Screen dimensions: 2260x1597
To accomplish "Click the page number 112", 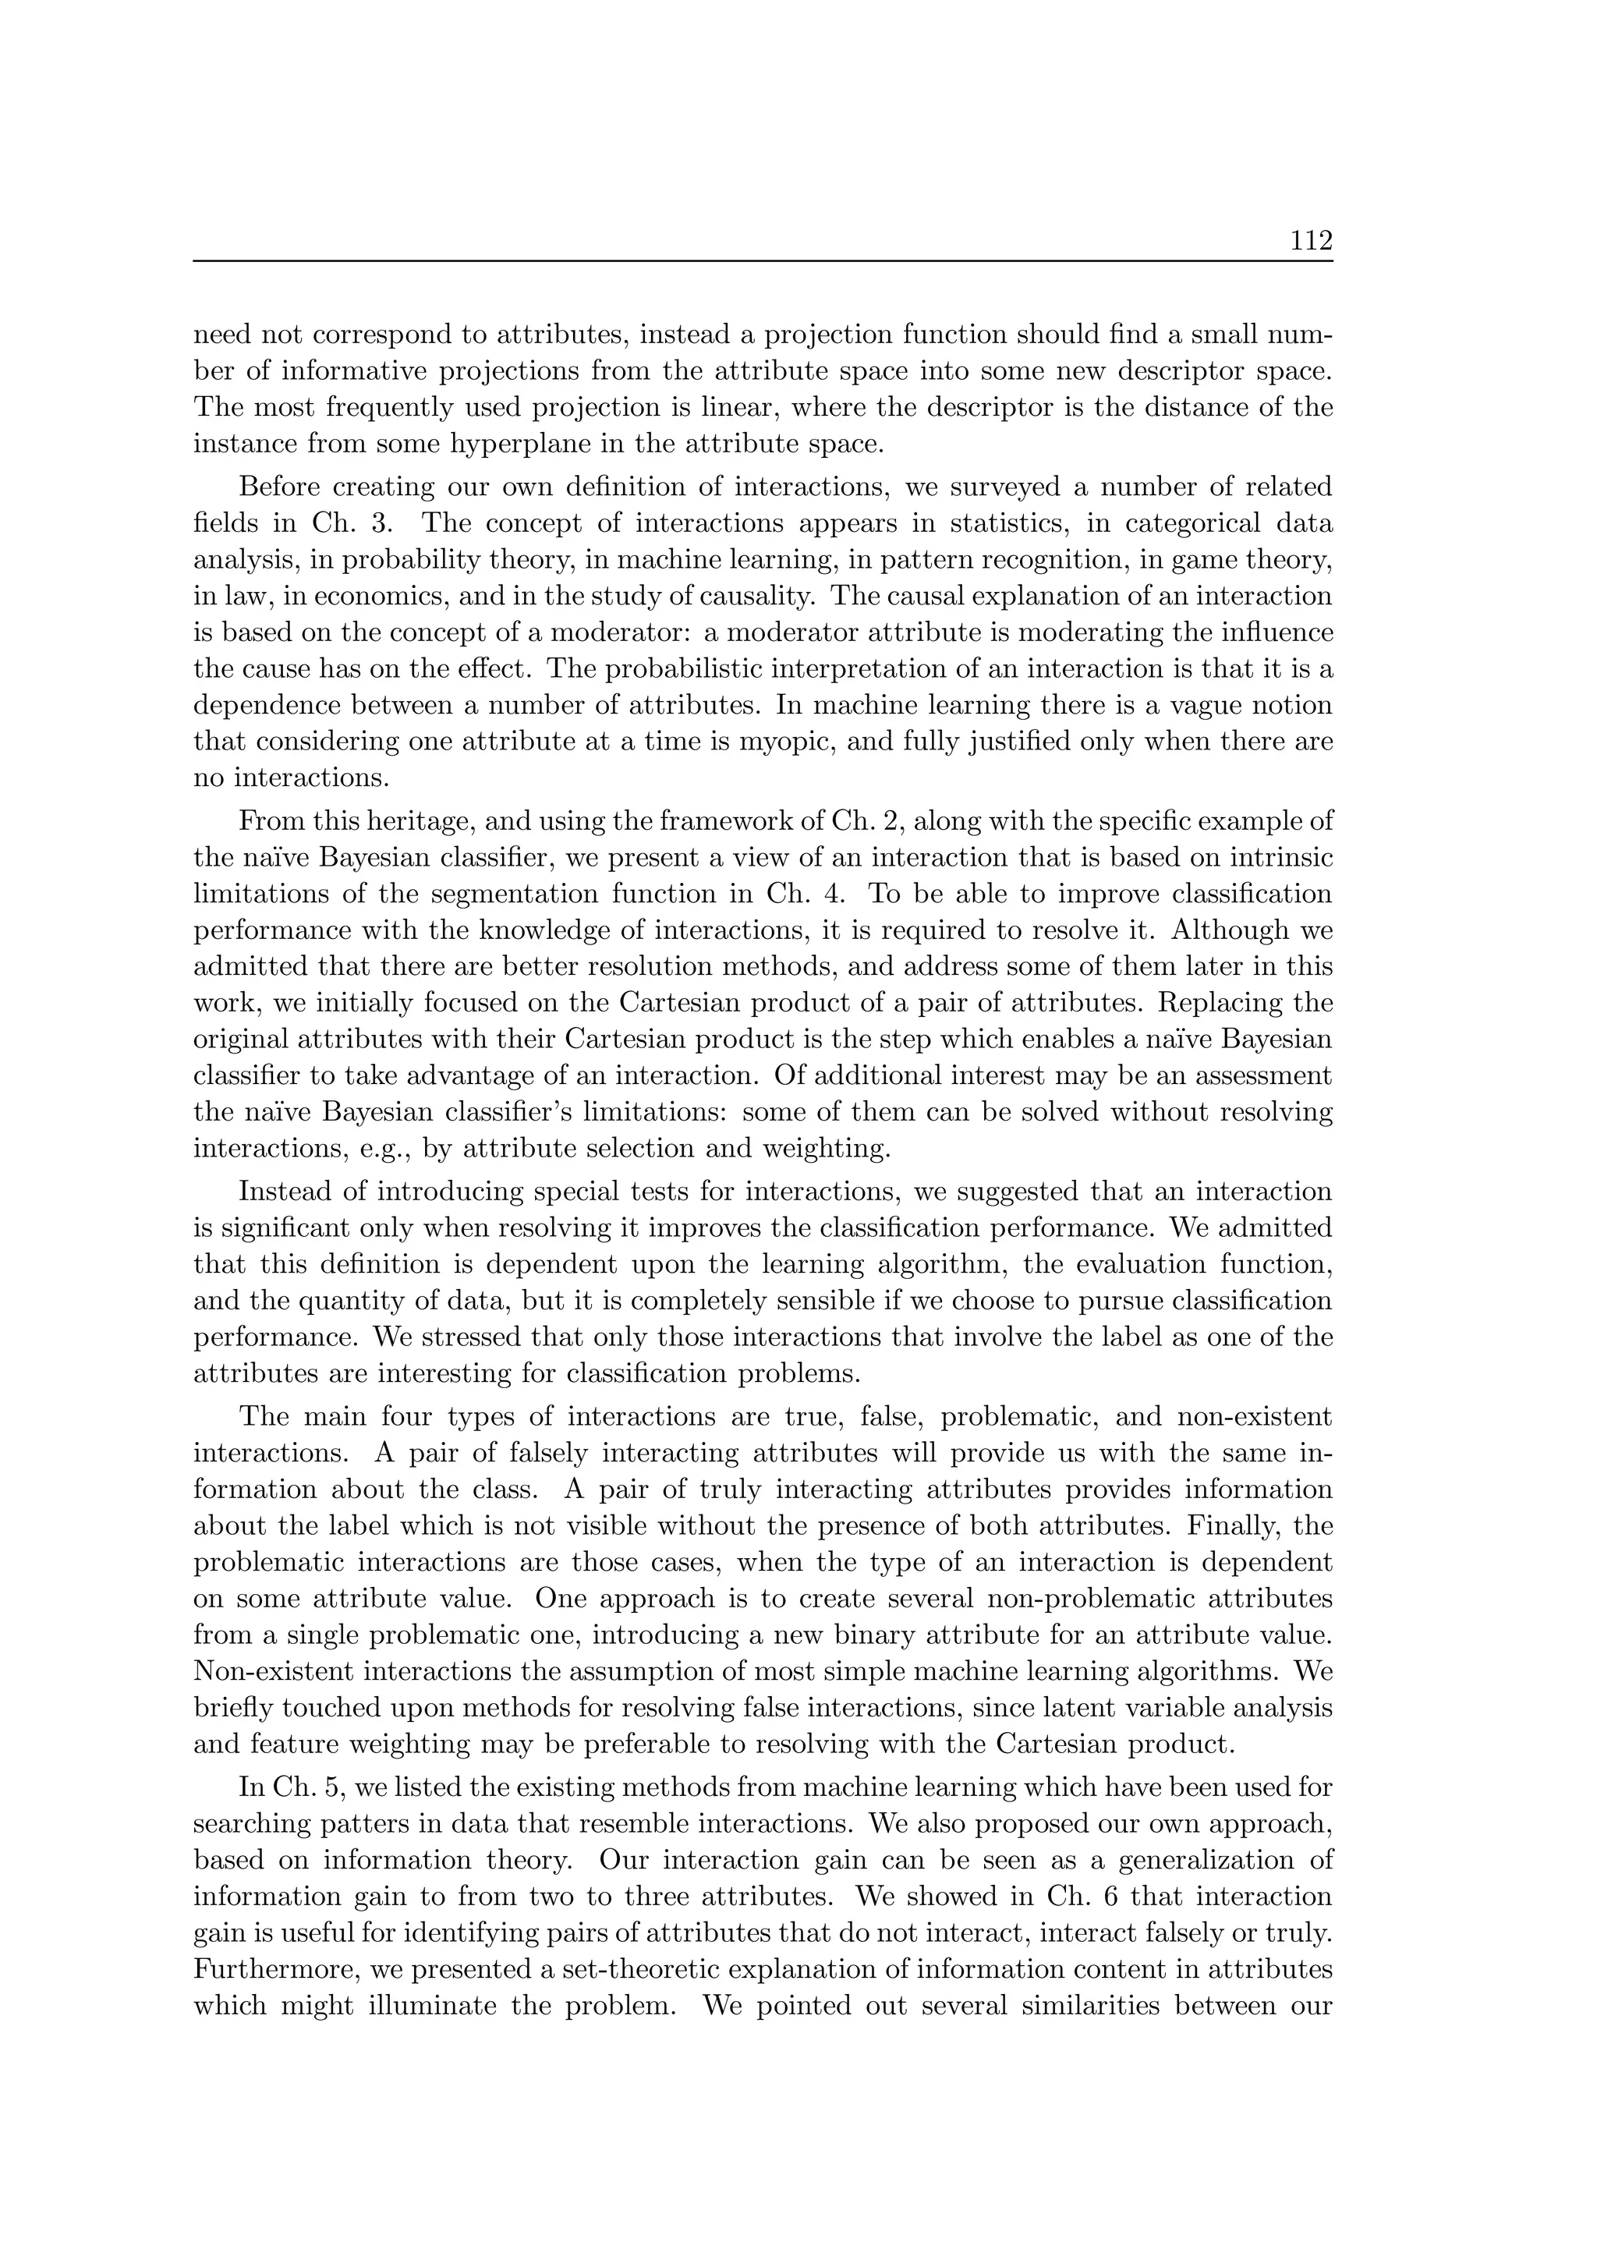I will click(x=1311, y=240).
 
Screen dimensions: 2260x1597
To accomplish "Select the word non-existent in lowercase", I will click(x=1252, y=1418).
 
